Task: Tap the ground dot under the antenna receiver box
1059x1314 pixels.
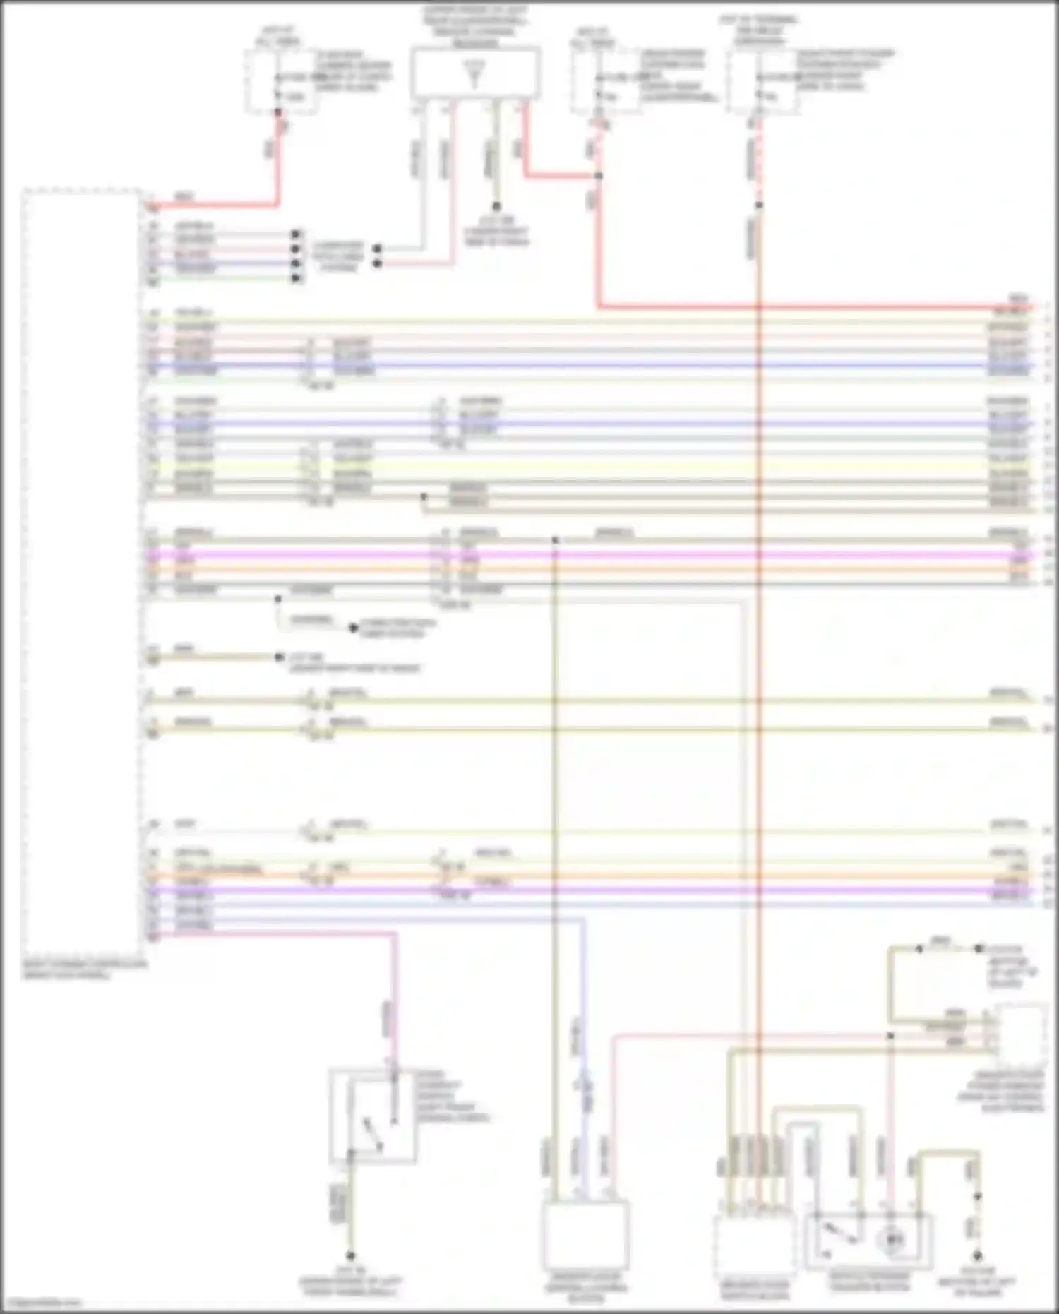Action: click(496, 207)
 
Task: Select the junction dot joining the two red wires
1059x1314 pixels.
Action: click(598, 175)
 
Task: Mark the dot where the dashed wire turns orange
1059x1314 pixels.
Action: click(759, 205)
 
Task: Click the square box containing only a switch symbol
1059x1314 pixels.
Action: click(372, 1116)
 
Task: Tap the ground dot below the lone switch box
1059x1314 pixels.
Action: click(349, 1256)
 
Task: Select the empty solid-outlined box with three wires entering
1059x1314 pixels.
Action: click(585, 1235)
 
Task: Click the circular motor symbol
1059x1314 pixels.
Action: click(893, 1239)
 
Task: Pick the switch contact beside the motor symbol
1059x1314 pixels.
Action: click(837, 1232)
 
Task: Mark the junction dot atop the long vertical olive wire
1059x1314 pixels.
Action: click(555, 540)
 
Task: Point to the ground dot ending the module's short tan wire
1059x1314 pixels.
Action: click(280, 657)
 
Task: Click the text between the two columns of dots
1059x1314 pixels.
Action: click(337, 256)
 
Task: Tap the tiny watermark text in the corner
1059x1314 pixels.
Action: click(42, 1303)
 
